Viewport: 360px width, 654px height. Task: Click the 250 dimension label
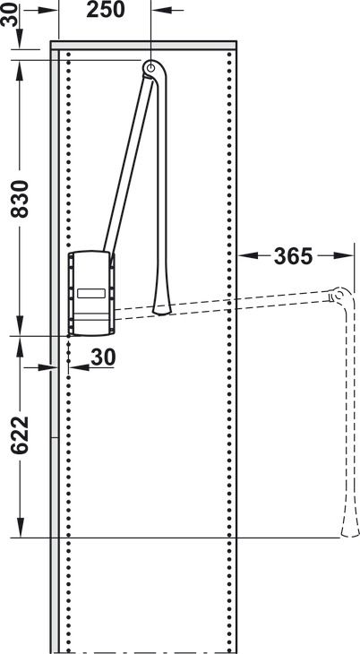pos(106,10)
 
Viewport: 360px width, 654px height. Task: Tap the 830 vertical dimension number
pos(20,199)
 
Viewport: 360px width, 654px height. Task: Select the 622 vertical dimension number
pos(20,435)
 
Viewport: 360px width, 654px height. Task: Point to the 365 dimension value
pos(293,256)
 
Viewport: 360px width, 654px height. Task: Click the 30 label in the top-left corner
pos(10,14)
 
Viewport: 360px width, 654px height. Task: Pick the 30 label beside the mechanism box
pos(103,357)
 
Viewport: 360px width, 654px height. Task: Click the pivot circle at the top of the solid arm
pos(150,66)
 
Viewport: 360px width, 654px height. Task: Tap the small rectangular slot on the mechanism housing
pos(91,293)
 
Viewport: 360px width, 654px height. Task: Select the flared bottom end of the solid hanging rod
pos(162,307)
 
